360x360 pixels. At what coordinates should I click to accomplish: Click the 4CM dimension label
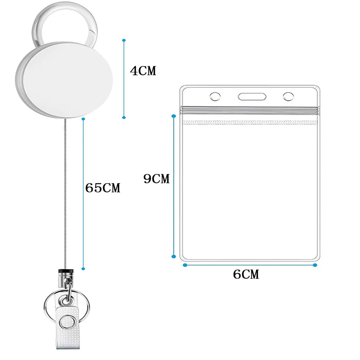tap(143, 71)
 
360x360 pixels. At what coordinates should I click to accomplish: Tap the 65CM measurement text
tap(103, 188)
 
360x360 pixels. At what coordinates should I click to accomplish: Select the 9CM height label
tap(156, 179)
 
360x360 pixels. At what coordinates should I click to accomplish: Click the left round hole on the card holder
tap(215, 96)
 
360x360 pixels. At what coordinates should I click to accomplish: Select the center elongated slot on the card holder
tap(252, 96)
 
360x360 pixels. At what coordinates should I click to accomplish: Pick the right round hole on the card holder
tap(288, 96)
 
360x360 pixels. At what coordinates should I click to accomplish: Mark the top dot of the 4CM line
tap(124, 40)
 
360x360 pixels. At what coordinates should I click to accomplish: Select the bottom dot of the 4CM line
tap(124, 117)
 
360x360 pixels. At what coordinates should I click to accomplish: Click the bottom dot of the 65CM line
tap(83, 268)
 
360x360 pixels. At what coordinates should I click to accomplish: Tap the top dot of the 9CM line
tap(174, 116)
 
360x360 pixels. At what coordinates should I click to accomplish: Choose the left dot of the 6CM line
tap(185, 265)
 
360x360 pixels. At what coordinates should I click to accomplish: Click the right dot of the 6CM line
tap(315, 265)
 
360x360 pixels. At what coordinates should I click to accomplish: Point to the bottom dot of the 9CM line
tap(174, 257)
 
